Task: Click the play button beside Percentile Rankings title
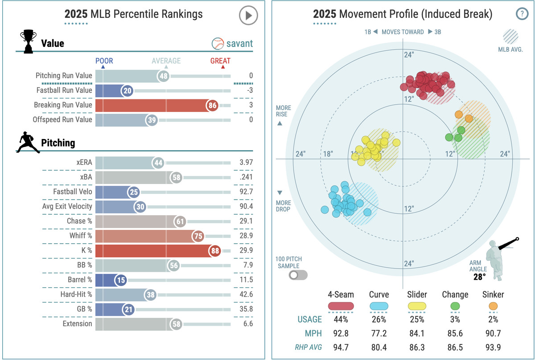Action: [248, 16]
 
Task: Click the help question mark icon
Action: [521, 14]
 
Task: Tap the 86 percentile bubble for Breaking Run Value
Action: [212, 106]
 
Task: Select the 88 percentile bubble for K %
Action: [215, 251]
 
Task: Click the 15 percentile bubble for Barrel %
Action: [120, 280]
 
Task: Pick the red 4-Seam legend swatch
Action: [341, 306]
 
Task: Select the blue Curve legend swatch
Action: [379, 306]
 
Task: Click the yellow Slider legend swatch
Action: [417, 306]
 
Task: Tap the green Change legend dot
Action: [455, 306]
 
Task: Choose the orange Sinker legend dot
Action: [493, 306]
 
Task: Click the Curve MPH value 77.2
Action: [379, 333]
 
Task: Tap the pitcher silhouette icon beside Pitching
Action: [28, 143]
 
